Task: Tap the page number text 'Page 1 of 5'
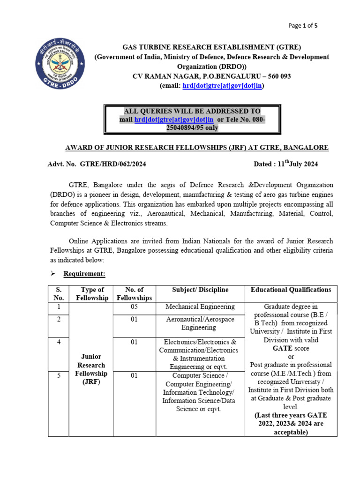pos(303,26)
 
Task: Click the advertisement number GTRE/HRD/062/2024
pos(116,164)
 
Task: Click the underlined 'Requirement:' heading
pos(85,273)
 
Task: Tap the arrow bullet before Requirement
pos(53,273)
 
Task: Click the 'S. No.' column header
pos(59,293)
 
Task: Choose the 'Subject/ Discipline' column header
pos(200,290)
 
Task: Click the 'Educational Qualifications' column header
pos(291,290)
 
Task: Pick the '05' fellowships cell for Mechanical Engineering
pos(134,307)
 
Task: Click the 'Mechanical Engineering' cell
pos(200,307)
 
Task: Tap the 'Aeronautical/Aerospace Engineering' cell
pos(200,323)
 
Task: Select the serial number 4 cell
pos(59,342)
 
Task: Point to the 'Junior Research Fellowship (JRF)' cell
pos(91,369)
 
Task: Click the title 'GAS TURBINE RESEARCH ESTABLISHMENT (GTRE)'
pos(212,47)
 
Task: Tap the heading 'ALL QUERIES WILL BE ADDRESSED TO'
pos(192,111)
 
